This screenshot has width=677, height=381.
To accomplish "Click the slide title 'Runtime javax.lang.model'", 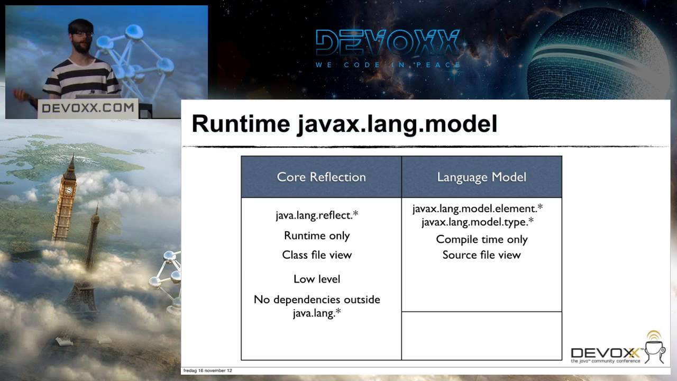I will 344,124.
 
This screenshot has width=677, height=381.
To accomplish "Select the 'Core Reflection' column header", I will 321,177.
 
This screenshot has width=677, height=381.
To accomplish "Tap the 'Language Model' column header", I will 481,177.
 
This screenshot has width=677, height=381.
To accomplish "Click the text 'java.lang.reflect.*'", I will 317,215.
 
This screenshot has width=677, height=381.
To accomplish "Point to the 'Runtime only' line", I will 317,235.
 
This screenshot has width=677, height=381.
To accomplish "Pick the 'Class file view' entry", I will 317,255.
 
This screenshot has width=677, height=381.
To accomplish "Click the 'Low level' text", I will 317,279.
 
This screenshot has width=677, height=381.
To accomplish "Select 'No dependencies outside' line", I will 317,300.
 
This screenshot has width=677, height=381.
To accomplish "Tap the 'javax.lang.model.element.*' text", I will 478,208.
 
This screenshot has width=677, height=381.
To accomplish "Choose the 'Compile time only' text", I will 482,239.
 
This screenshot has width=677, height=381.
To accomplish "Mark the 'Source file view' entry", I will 482,255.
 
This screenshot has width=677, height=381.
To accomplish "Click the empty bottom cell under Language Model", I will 481,335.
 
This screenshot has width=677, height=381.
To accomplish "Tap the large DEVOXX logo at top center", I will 388,43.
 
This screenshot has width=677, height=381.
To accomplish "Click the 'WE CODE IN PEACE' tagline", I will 388,65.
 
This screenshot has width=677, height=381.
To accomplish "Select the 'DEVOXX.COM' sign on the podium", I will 88,108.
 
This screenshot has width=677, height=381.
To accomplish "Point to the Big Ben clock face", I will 68,190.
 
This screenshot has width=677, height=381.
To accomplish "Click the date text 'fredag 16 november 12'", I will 207,370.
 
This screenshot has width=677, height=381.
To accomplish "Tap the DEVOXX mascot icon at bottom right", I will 655,347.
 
